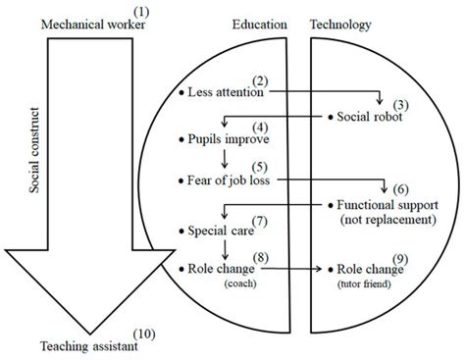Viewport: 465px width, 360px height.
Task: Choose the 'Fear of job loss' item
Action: (230, 180)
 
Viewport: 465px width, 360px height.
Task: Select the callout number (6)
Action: (400, 188)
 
